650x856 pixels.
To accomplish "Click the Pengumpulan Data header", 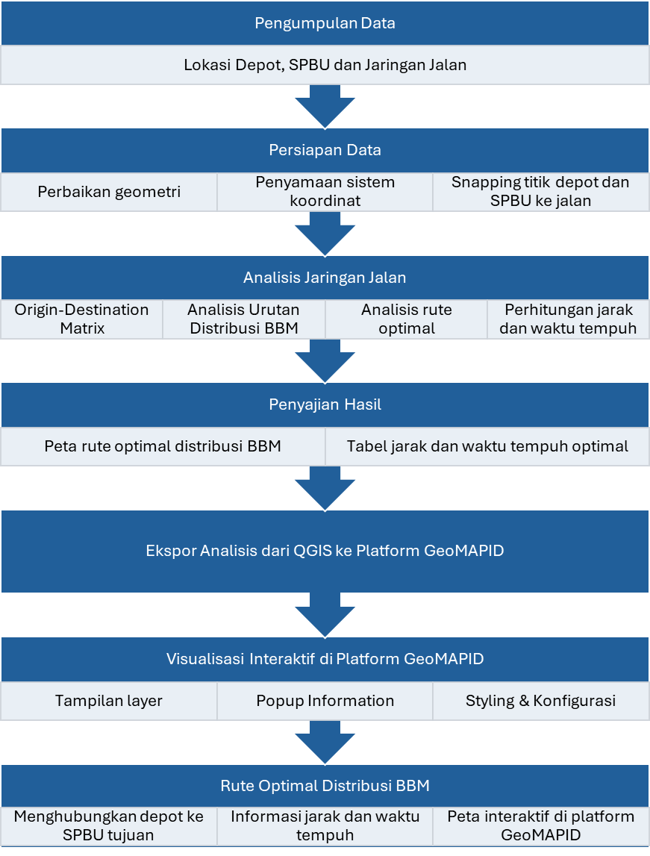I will pyautogui.click(x=325, y=23).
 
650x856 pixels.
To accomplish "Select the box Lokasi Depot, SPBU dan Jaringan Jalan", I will pyautogui.click(x=325, y=65).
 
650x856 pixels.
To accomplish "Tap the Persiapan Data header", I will pyautogui.click(x=325, y=150).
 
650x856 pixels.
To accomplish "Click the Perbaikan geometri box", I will pyautogui.click(x=109, y=192).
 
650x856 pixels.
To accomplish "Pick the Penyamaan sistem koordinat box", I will pyautogui.click(x=325, y=192).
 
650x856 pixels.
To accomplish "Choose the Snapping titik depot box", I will pyautogui.click(x=540, y=192).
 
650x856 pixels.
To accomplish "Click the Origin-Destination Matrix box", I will pyautogui.click(x=81, y=319).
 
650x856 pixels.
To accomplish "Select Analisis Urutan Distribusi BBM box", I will pyautogui.click(x=243, y=319).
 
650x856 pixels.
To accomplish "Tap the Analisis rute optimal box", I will pyautogui.click(x=406, y=319).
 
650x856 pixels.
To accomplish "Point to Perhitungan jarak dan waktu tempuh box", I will pyautogui.click(x=569, y=319).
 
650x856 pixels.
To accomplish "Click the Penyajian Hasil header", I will pyautogui.click(x=325, y=404).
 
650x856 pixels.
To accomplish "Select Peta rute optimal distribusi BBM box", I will pyautogui.click(x=163, y=446).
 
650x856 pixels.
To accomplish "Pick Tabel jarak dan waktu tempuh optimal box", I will pyautogui.click(x=487, y=446).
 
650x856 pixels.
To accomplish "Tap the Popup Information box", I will pyautogui.click(x=325, y=701).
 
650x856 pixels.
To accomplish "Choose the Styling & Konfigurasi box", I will pyautogui.click(x=540, y=701).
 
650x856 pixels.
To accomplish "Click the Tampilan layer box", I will pyautogui.click(x=109, y=701).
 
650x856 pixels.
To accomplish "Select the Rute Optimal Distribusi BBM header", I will pyautogui.click(x=325, y=786).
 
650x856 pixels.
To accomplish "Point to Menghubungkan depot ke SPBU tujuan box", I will pyautogui.click(x=109, y=825).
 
